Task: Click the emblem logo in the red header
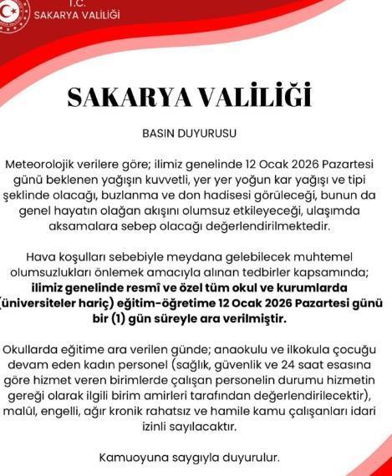tap(13, 13)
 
